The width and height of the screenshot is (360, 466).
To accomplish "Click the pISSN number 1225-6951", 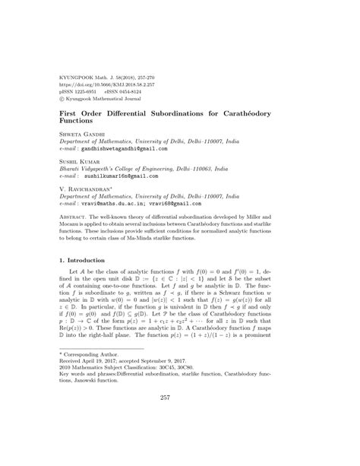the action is [x=90, y=92].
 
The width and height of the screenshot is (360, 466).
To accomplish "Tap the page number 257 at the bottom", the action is [x=179, y=439].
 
